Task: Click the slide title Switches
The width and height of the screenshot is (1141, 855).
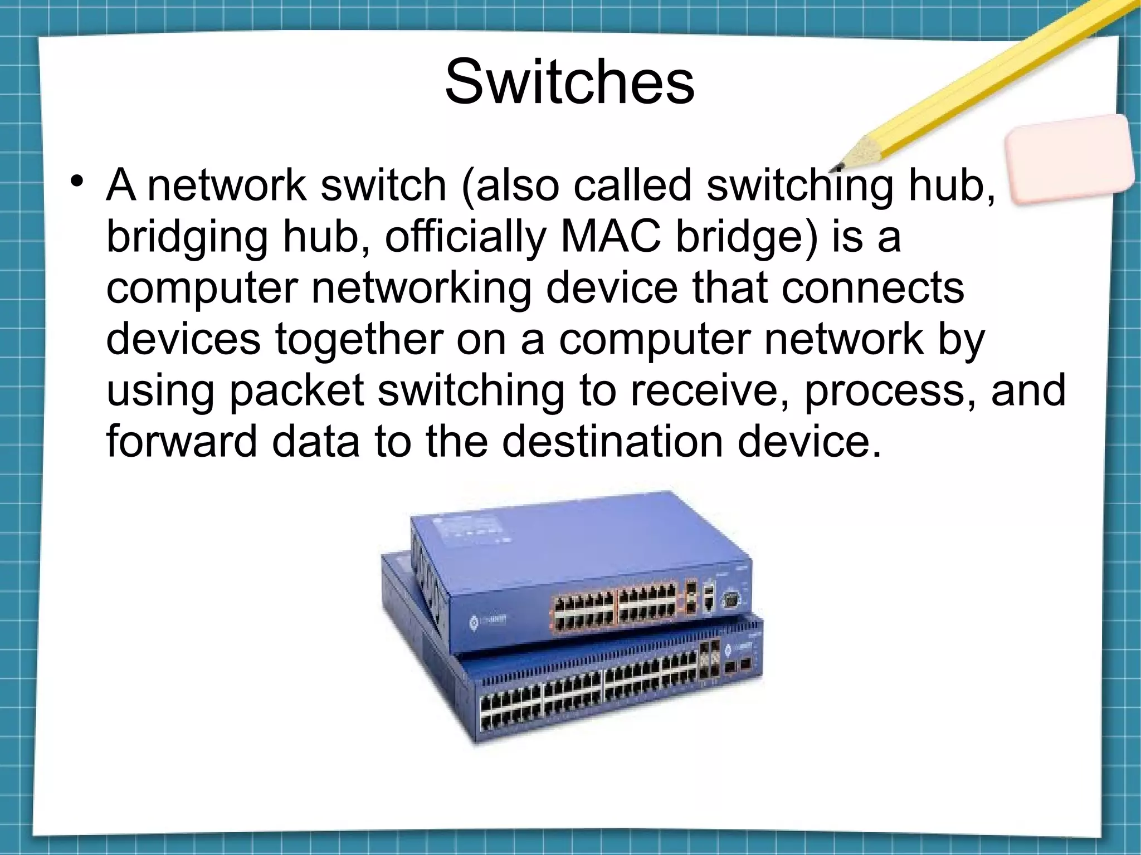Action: (x=569, y=83)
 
